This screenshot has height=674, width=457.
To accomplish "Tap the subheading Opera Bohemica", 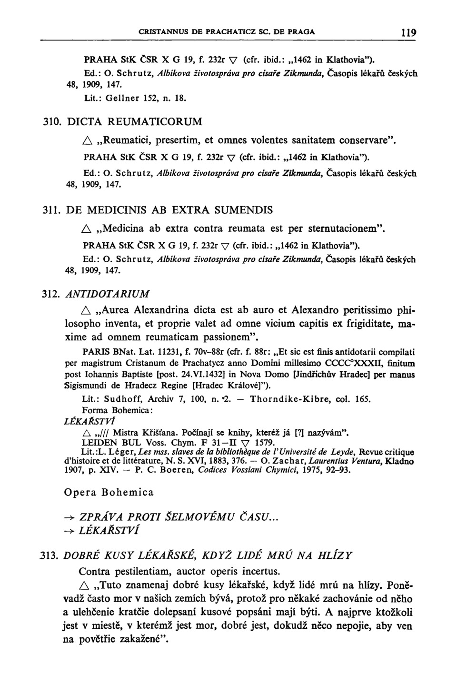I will pos(109,492).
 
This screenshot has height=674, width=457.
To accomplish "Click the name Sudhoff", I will pos(119,398).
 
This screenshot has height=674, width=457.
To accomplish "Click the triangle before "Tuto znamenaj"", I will pos(86,585).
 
